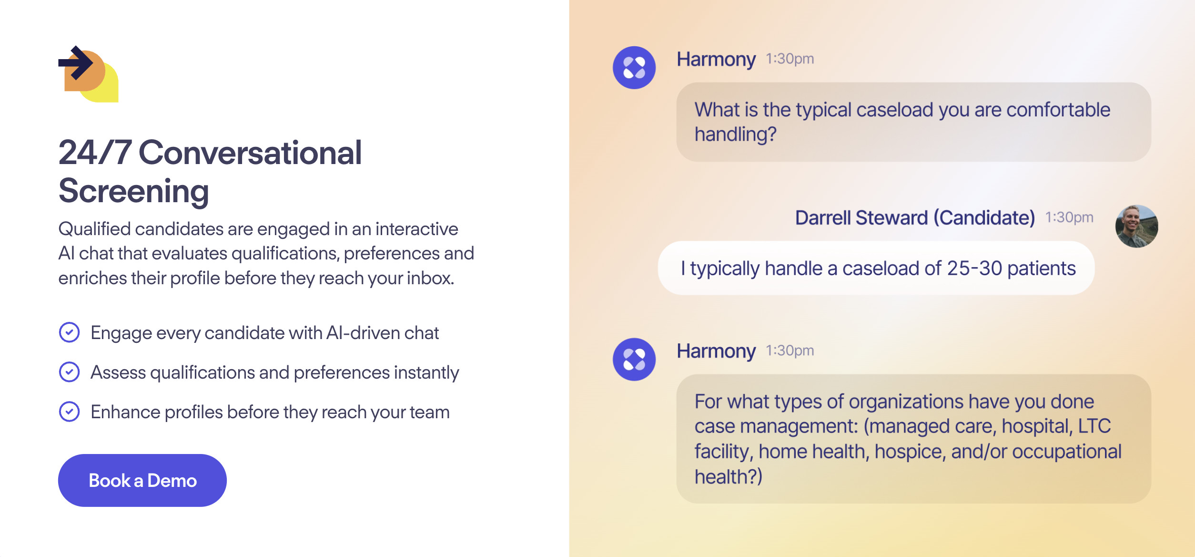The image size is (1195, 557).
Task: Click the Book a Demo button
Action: [x=142, y=480]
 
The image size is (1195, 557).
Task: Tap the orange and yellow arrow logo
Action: [x=89, y=74]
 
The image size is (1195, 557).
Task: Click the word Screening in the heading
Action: [x=134, y=191]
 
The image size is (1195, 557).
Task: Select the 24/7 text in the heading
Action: [x=95, y=153]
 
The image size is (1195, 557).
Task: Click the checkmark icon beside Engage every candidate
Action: [x=69, y=332]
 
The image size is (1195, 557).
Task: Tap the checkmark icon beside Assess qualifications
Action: [x=69, y=372]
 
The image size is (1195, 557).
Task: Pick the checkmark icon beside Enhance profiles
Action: [x=69, y=412]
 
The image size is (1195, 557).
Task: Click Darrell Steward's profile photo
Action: [x=1136, y=227]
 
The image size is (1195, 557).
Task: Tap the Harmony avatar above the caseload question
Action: [x=634, y=68]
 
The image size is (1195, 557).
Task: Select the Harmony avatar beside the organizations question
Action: [x=634, y=360]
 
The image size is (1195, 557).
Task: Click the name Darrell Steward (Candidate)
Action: [x=915, y=218]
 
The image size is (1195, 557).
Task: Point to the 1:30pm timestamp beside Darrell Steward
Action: [x=1069, y=217]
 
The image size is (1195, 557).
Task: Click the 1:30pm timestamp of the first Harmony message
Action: [x=790, y=59]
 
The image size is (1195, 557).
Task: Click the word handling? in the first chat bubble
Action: [x=736, y=134]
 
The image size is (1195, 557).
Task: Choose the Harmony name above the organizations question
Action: [x=716, y=351]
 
